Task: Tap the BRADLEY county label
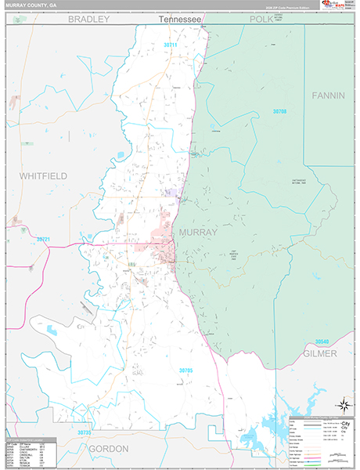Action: click(87, 18)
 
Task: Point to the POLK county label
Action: click(266, 18)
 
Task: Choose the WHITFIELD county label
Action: click(44, 175)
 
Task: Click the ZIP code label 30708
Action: click(279, 112)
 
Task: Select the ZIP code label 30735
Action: click(85, 432)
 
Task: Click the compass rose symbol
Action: click(342, 405)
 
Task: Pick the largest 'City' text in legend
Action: click(340, 425)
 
